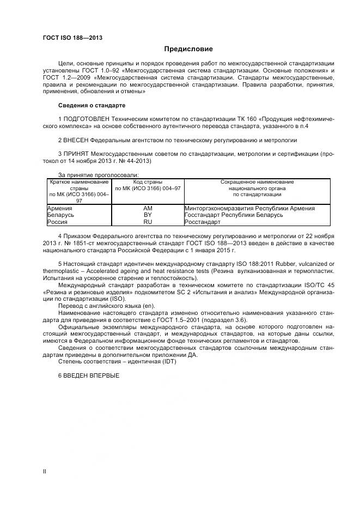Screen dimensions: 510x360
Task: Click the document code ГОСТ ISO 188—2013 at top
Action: tap(72, 38)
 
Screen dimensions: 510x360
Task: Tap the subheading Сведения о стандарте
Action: tap(91, 105)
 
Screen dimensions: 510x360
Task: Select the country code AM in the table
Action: tap(148, 208)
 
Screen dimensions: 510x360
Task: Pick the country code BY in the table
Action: tap(148, 215)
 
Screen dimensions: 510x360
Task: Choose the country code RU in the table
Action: tap(148, 222)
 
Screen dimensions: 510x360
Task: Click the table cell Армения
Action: tap(60, 208)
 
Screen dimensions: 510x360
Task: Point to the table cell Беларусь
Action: tap(61, 215)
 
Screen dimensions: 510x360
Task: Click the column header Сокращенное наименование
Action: tap(257, 181)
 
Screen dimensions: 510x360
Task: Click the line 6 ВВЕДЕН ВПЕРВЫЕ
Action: tap(88, 376)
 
